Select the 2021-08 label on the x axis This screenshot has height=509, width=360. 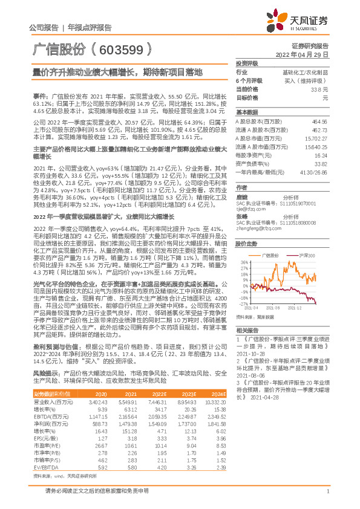point(281,309)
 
